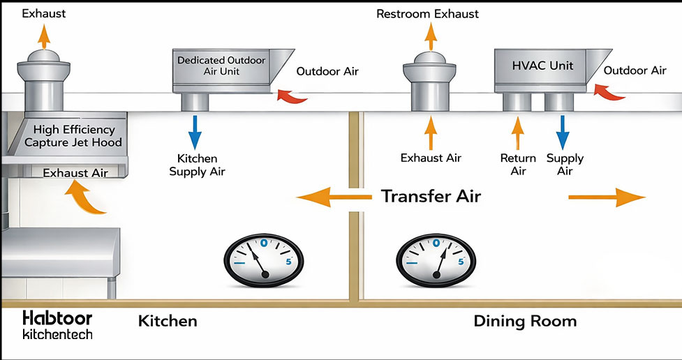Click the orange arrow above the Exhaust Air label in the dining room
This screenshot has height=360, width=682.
pyautogui.click(x=431, y=130)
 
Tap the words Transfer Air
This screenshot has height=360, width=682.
pyautogui.click(x=431, y=196)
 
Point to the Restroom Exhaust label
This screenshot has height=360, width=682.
pyautogui.click(x=427, y=13)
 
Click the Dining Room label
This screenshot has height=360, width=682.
pyautogui.click(x=525, y=321)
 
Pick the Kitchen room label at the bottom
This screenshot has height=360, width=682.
pyautogui.click(x=168, y=321)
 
